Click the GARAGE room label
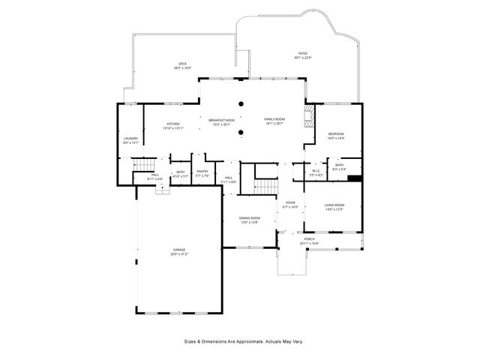[180, 250]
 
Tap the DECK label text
[182, 64]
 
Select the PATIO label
[303, 54]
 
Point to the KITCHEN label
[173, 124]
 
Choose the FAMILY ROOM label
[274, 119]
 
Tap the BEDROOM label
[335, 133]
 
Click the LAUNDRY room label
[130, 139]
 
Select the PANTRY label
[202, 172]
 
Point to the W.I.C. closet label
[316, 171]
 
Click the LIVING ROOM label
[334, 205]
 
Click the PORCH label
[309, 239]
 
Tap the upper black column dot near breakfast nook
[240, 104]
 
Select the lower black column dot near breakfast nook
[240, 133]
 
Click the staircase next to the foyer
[265, 184]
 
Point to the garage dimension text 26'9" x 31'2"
[180, 254]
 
